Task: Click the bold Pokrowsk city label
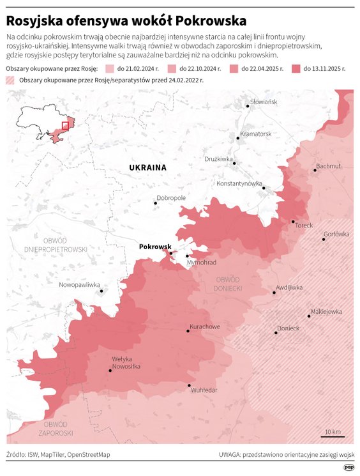point(154,247)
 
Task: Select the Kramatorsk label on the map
point(255,134)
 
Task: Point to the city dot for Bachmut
point(315,171)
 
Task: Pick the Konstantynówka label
point(239,183)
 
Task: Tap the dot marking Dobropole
point(155,204)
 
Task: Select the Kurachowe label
point(204,326)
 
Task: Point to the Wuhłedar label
point(204,390)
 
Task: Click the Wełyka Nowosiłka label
point(126,362)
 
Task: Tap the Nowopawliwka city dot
point(101,291)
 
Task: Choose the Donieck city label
point(288,328)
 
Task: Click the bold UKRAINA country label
point(147,167)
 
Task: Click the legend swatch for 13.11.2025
point(296,68)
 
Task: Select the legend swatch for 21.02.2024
point(109,68)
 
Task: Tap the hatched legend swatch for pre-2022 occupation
point(10,80)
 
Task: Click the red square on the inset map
point(64,125)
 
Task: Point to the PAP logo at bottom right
point(349,467)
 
